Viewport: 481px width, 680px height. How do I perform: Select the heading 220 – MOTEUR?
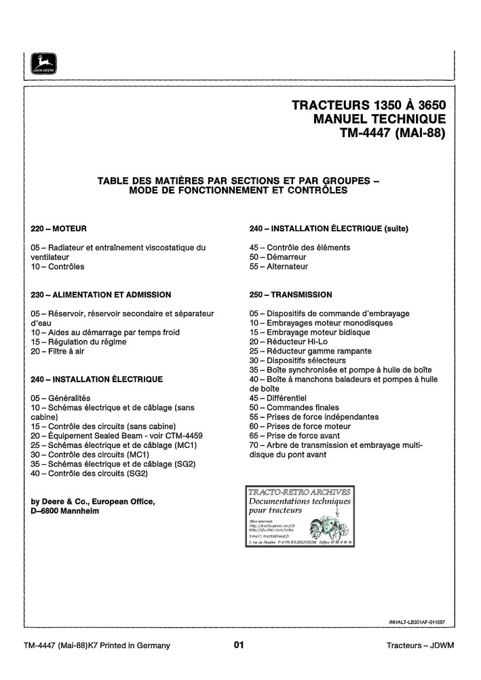coord(59,229)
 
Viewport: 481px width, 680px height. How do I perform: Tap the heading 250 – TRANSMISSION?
coord(291,295)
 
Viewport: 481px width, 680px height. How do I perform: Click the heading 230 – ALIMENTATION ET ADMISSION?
coord(101,295)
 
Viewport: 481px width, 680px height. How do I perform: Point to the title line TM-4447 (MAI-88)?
coord(393,133)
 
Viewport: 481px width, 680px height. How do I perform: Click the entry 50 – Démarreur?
coord(278,257)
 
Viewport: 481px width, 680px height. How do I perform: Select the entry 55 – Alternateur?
coord(279,267)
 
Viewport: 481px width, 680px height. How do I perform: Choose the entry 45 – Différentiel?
coord(278,398)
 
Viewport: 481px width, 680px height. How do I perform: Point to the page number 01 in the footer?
coord(238,645)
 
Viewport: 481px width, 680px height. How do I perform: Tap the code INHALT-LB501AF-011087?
coord(421,622)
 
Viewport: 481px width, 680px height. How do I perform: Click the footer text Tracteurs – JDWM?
coord(420,645)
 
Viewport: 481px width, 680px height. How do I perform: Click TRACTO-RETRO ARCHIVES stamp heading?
coord(300,491)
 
